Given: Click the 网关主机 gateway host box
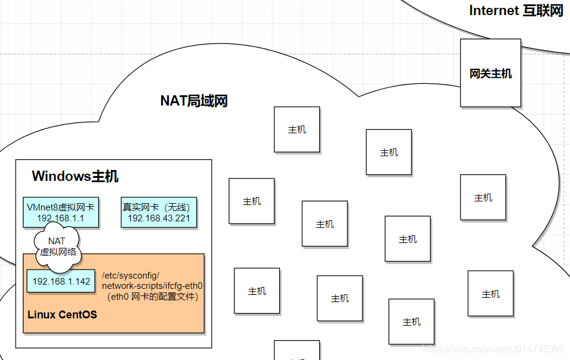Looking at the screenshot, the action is coord(490,73).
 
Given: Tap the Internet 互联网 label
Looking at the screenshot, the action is coord(516,10).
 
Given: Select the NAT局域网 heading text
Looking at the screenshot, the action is coord(194,101).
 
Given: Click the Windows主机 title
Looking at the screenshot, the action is coord(75,176).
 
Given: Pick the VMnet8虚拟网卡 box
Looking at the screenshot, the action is coord(60,212).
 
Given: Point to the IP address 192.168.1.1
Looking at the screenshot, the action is coord(60,218).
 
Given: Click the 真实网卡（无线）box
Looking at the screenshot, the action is coord(159,212).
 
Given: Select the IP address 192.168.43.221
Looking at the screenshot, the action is coord(159,218).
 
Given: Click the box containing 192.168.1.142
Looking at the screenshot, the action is coord(61,281).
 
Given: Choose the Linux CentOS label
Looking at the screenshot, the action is coord(62,315).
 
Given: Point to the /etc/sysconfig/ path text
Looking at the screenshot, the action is coord(131,276).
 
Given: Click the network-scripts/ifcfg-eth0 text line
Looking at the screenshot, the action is coord(152,286).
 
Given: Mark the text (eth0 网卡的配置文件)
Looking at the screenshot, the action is coord(153,297).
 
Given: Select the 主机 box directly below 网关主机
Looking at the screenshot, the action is coord(483,197).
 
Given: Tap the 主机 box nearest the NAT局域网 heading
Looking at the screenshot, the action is coord(297,129).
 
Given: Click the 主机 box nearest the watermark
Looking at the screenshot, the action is coord(411,321).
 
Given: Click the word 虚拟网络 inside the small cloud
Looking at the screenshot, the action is coord(58,252).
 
